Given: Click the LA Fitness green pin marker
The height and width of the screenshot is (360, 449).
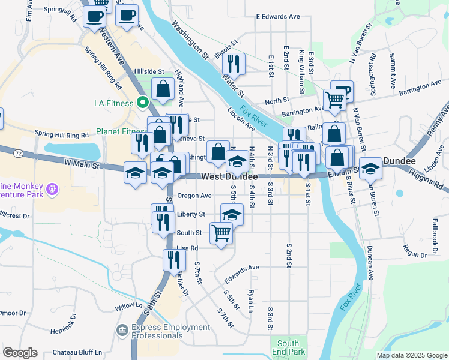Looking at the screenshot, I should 142,103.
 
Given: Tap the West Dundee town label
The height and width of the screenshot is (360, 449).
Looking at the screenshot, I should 229,177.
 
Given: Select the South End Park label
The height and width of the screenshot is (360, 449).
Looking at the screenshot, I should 292,347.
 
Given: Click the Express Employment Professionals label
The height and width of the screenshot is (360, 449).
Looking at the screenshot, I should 170,332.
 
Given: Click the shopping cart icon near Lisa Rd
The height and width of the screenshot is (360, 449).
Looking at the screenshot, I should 221,233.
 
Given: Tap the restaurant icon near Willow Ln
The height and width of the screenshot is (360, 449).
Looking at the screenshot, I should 172,260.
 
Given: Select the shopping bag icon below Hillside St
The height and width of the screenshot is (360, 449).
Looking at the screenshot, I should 163,89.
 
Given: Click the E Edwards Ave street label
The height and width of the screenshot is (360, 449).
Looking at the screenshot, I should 277,17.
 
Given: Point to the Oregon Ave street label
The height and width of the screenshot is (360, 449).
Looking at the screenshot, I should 194,196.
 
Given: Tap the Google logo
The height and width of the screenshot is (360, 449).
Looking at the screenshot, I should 20,353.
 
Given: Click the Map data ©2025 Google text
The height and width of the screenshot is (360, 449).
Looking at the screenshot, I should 411,355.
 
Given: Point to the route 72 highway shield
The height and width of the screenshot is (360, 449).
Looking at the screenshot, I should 19,154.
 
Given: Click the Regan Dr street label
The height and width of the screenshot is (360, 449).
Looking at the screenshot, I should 415,255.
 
